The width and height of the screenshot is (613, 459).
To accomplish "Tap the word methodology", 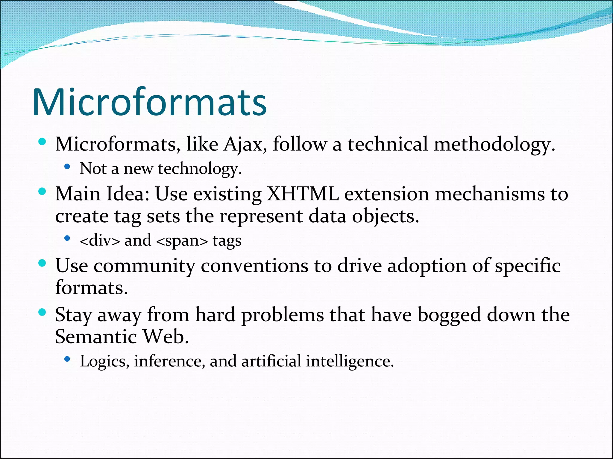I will pos(494,144).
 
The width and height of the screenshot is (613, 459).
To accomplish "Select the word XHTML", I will pos(302,194).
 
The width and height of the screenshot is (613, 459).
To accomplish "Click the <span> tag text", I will pos(182,241).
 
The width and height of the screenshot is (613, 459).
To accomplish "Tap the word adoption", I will pos(427,266).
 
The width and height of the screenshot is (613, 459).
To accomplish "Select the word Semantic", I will pos(96,337).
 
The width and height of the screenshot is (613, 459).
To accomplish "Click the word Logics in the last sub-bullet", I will pos(103,361).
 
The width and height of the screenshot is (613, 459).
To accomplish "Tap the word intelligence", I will pos(349,361).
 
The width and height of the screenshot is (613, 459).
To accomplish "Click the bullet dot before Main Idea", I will pos(42,192).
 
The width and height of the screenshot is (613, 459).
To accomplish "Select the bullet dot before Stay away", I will pos(42,313).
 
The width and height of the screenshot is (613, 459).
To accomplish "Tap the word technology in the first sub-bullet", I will pos(199,169).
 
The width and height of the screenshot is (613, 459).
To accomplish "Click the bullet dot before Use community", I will pos(42,263).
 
